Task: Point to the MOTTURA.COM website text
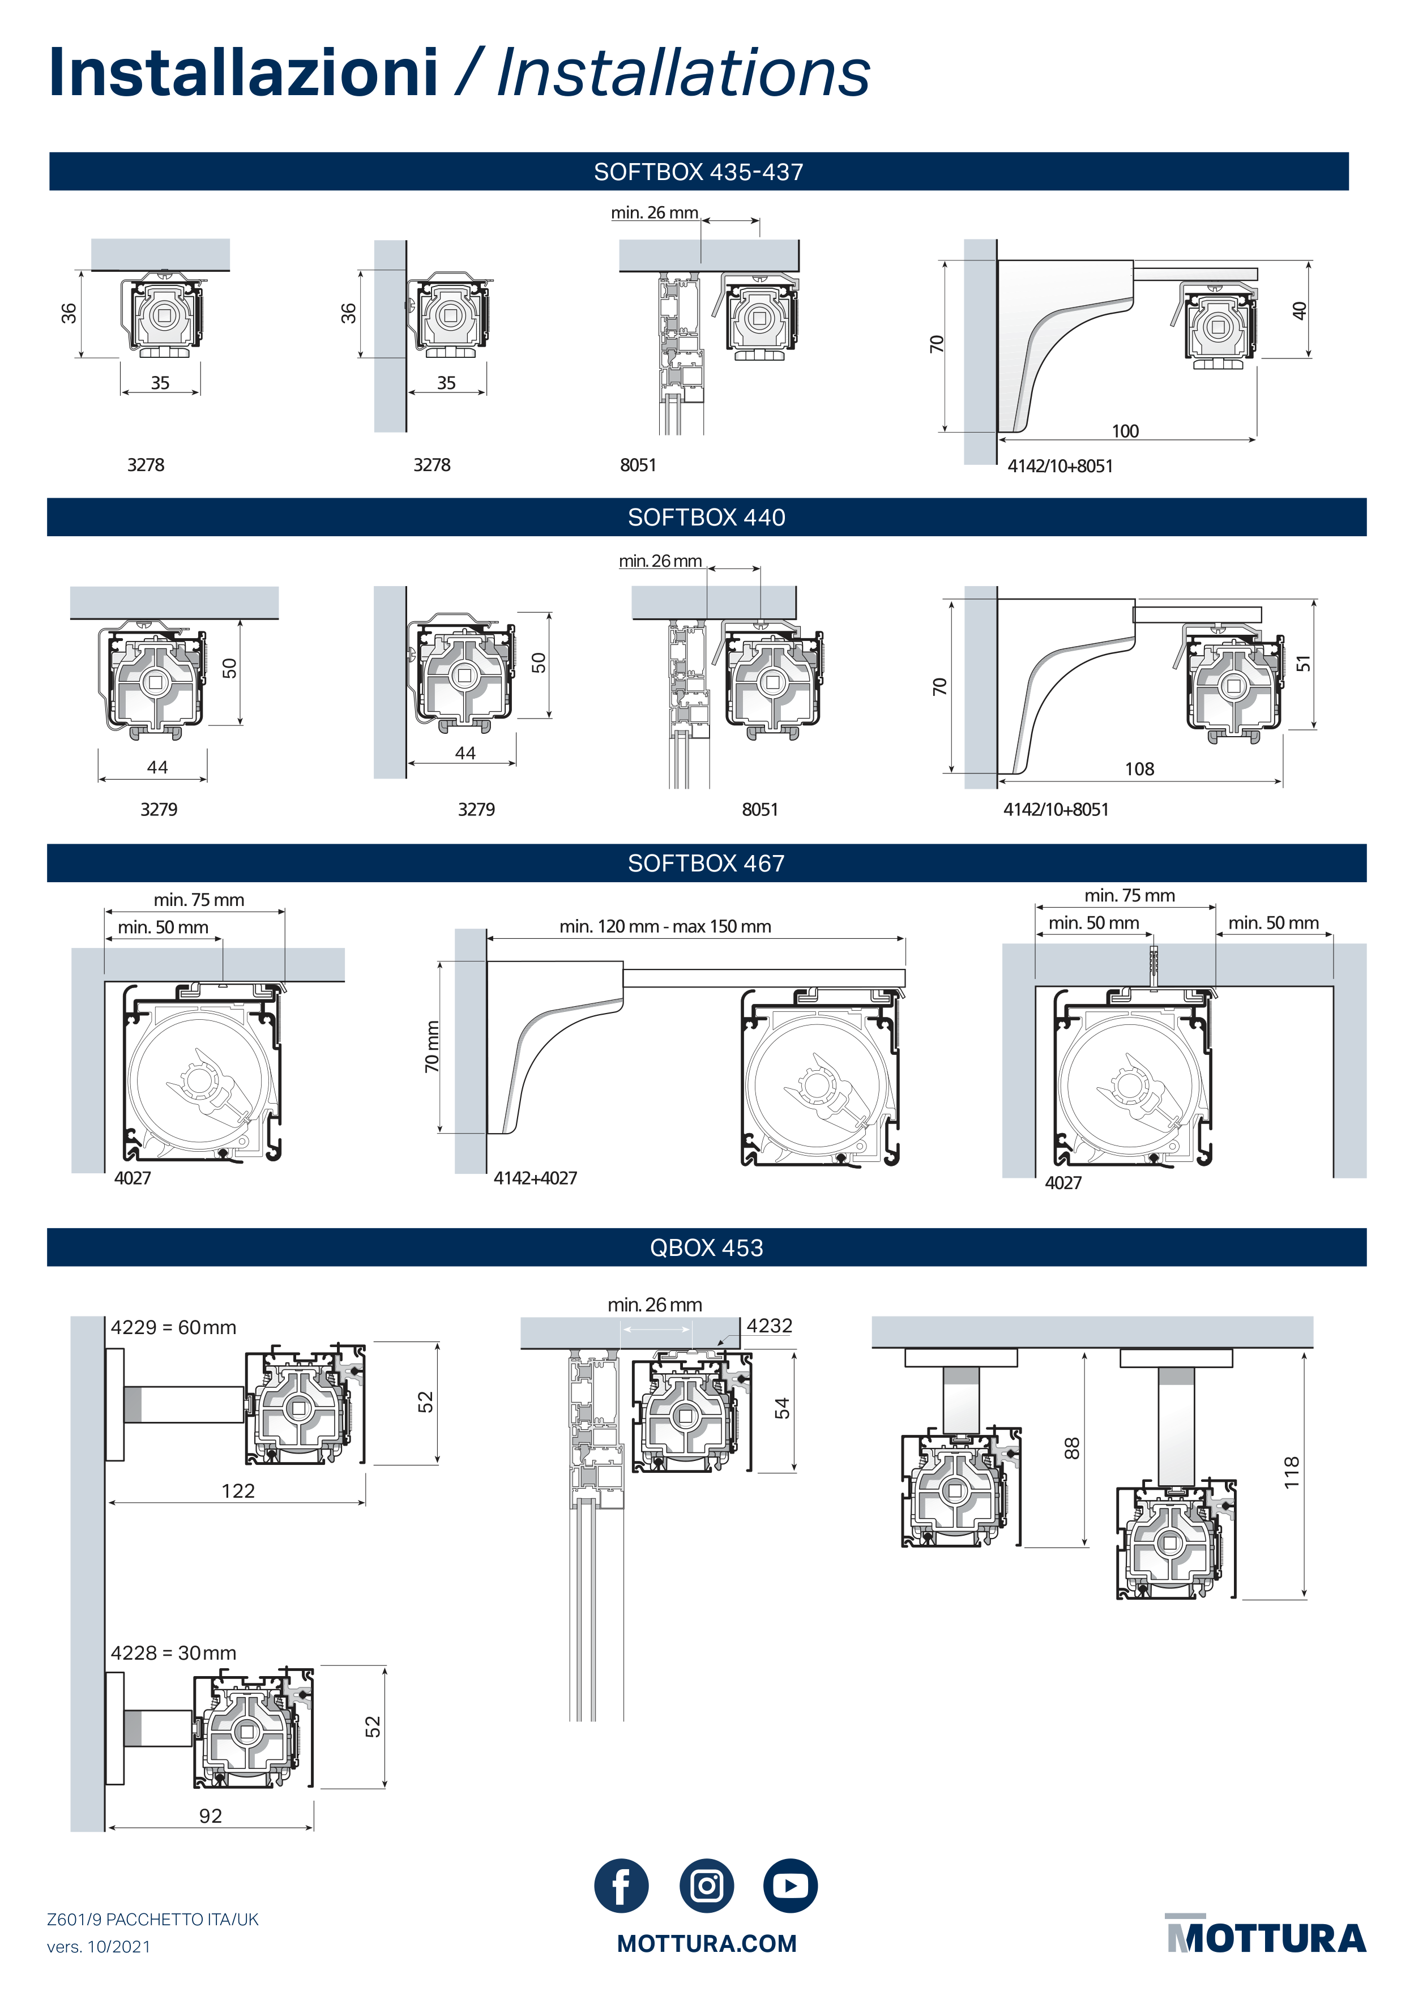[707, 1943]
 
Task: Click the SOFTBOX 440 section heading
[707, 518]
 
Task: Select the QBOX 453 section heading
[707, 1247]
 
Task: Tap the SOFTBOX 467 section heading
[707, 863]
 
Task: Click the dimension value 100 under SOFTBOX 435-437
[1125, 431]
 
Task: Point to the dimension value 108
[1139, 769]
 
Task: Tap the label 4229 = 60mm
[173, 1327]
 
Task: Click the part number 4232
[770, 1326]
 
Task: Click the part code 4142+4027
[535, 1178]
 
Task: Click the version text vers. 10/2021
[99, 1947]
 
